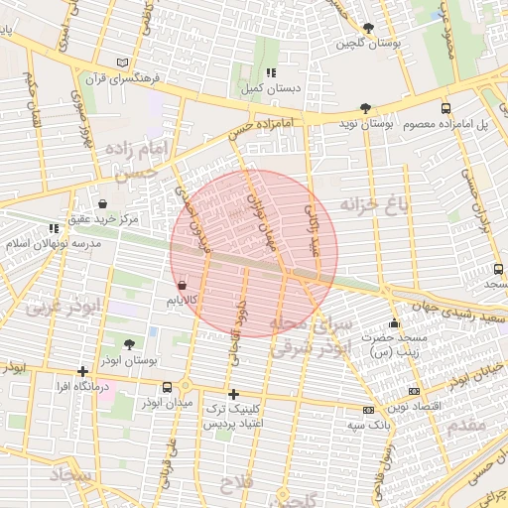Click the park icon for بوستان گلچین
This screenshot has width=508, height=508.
click(x=369, y=28)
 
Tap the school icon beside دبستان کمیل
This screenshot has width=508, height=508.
click(x=271, y=72)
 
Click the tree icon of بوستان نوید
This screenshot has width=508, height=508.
click(x=366, y=108)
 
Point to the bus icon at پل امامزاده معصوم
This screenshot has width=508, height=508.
click(x=444, y=108)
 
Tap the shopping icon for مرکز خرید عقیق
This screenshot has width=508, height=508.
click(x=103, y=203)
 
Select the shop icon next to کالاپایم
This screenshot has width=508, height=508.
click(x=181, y=285)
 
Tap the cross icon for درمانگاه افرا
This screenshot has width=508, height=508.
click(x=82, y=371)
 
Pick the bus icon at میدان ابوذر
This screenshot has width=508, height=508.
click(x=185, y=386)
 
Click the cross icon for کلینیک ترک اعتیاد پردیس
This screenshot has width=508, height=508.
click(x=233, y=394)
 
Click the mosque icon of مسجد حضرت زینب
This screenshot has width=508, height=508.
click(x=395, y=323)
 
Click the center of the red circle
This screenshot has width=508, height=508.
click(x=254, y=253)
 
